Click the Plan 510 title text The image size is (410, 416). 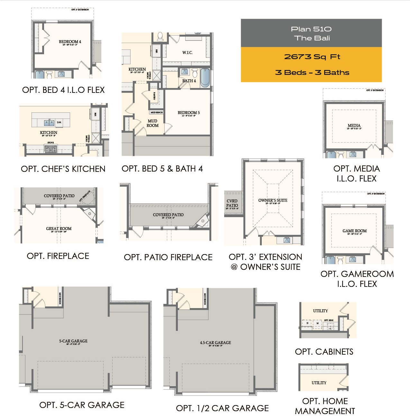coord(311,29)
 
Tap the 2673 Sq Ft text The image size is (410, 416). coord(312,57)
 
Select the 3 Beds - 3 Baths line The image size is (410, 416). coord(312,72)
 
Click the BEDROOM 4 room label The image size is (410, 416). coord(70,42)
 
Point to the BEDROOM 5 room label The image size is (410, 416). coord(188,113)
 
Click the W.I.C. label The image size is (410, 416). coord(187,53)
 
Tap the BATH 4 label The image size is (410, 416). coord(189,81)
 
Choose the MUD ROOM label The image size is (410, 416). coord(152,123)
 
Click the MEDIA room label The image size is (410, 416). coord(354,126)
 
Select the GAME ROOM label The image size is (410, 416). coord(354,231)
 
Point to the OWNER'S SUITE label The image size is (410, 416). coord(273,200)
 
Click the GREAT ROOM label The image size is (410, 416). coord(59,229)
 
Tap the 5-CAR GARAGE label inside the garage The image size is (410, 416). coord(73,341)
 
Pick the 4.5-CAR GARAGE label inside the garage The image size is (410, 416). coord(215,343)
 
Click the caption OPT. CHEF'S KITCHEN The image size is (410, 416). coord(63,169)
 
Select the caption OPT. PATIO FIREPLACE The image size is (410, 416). coord(168,257)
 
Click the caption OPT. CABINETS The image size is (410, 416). coord(324,352)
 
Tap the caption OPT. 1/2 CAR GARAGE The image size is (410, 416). coord(222,408)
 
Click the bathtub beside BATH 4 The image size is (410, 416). coord(205,77)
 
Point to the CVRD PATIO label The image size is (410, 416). coord(232,203)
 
